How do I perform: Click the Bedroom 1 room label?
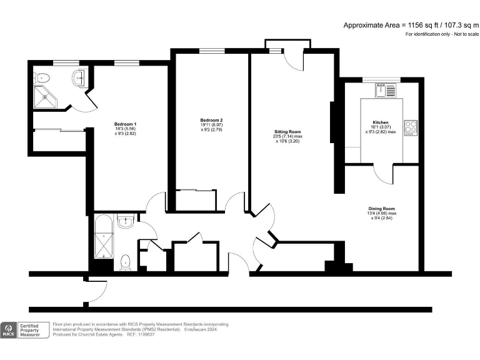point(126,124)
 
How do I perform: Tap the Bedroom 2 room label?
point(211,120)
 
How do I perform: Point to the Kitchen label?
point(381,122)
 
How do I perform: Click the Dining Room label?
point(381,208)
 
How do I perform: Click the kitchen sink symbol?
point(385,91)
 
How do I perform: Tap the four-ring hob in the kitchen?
point(411,128)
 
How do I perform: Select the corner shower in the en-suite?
point(46,97)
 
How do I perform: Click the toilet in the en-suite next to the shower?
point(42,77)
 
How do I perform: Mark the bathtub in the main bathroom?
point(101,237)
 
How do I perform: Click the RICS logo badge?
point(9,330)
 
